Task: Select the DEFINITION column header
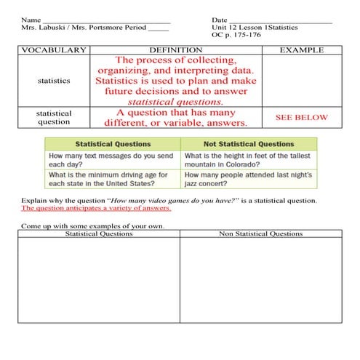pos(175,49)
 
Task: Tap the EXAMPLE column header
pos(301,49)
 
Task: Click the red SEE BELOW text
pos(301,117)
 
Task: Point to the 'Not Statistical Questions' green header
pos(247,144)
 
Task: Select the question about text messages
pos(107,160)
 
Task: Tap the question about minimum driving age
pos(108,180)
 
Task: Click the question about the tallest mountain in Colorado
pos(247,160)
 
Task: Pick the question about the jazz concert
pos(248,180)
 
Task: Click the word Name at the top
pos(31,20)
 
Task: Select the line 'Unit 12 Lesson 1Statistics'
pos(255,28)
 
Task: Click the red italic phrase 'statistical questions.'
pos(175,103)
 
